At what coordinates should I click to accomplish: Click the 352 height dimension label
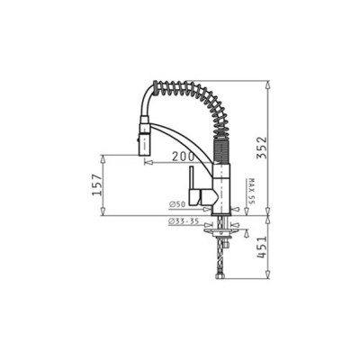click(x=261, y=148)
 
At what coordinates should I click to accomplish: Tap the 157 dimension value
click(x=97, y=184)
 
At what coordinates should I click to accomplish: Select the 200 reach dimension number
click(x=183, y=156)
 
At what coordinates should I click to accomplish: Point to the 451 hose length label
click(x=261, y=247)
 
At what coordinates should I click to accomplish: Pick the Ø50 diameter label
click(x=177, y=204)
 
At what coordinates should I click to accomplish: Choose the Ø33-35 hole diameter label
click(x=184, y=221)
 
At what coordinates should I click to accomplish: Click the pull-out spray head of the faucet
click(x=143, y=139)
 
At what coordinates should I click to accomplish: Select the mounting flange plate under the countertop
click(x=221, y=231)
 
